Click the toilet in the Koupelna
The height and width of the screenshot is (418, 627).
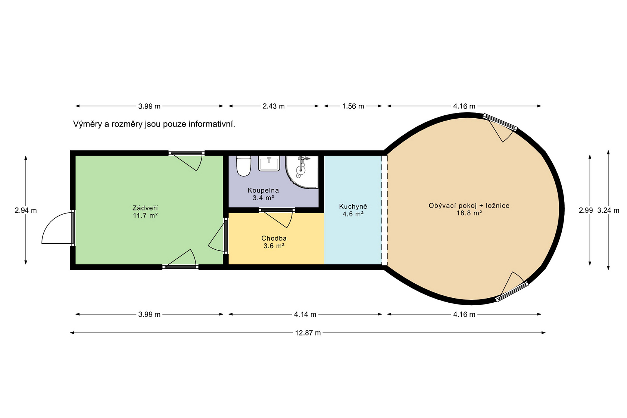click(243, 166)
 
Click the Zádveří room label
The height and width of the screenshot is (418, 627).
click(145, 208)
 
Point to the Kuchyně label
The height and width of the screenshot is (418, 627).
click(353, 207)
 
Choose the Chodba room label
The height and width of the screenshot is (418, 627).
click(274, 238)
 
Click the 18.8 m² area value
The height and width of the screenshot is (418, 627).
click(469, 213)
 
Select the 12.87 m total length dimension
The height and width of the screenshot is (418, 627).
click(308, 333)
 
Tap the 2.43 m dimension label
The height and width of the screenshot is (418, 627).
click(274, 106)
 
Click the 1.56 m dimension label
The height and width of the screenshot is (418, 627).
click(353, 106)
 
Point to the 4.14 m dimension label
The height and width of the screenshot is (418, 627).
click(305, 314)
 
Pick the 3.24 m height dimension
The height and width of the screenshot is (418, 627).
click(608, 210)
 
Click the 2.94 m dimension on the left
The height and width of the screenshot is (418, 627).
click(25, 210)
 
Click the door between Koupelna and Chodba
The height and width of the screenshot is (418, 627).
click(277, 218)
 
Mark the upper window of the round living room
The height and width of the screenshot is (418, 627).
click(500, 127)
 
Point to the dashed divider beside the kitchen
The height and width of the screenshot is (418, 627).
click(384, 210)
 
